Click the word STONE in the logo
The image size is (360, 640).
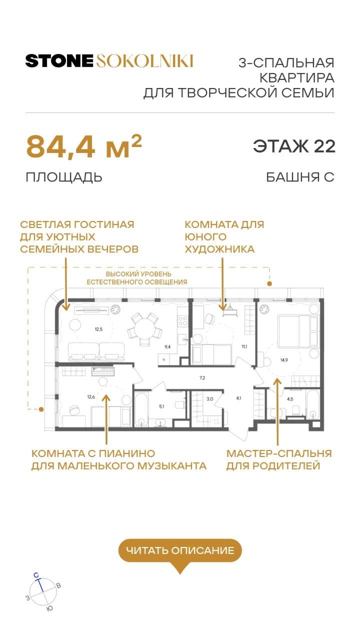click(59, 61)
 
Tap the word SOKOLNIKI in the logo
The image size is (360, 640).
click(144, 61)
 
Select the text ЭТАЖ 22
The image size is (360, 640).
click(293, 146)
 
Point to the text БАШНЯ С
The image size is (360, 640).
click(300, 177)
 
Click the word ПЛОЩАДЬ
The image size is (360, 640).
click(64, 177)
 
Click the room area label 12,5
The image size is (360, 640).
click(88, 329)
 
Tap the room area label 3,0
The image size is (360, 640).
click(210, 398)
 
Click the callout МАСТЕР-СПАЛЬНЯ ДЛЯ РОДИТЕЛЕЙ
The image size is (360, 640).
click(278, 459)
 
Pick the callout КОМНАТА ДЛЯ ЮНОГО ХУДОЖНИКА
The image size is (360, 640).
click(224, 237)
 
